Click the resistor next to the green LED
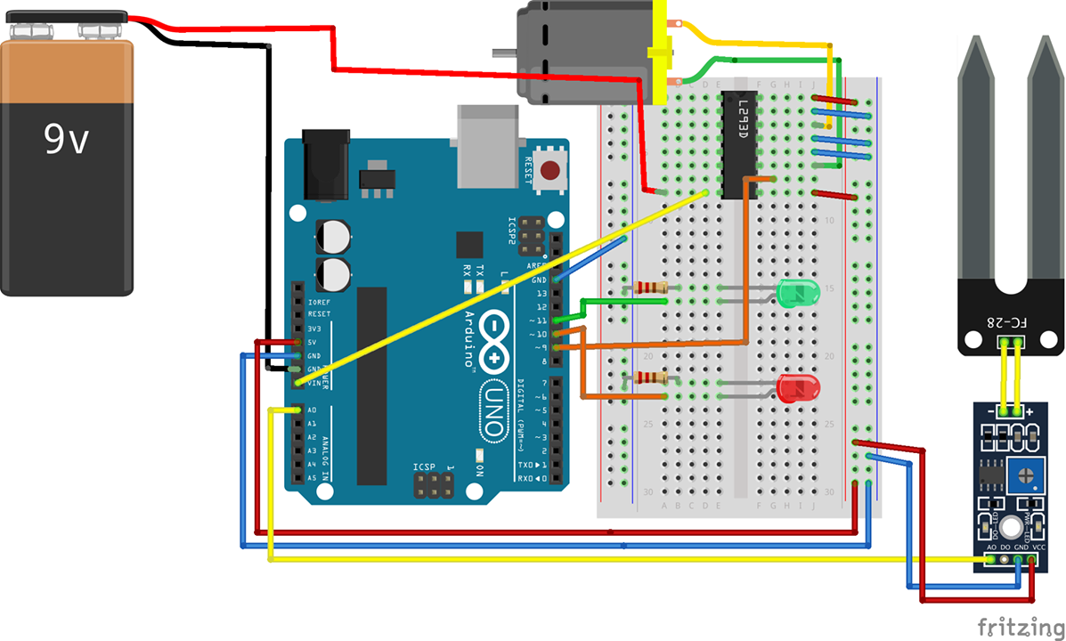(x=646, y=288)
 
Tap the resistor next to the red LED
(x=646, y=378)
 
